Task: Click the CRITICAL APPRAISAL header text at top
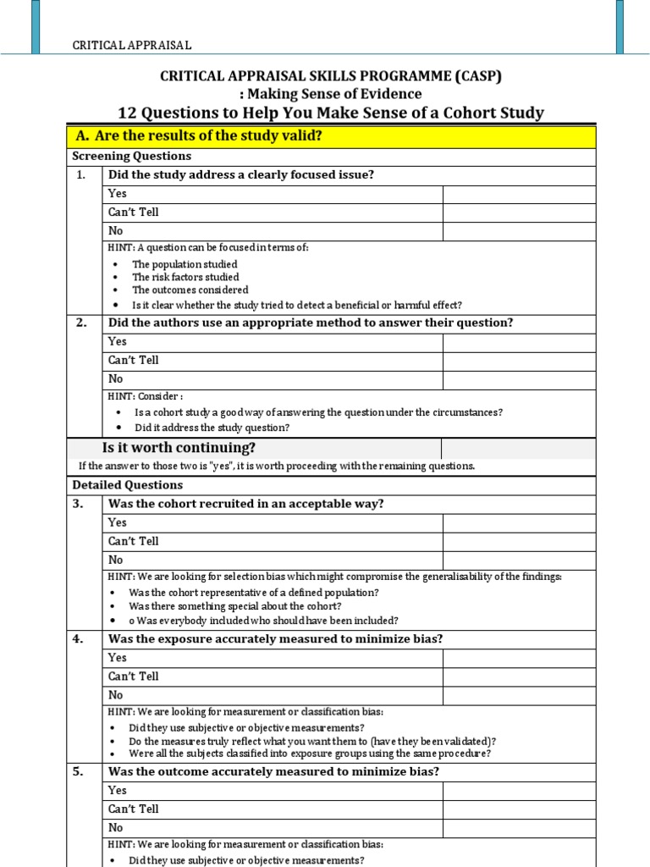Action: tap(131, 45)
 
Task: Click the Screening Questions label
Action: tap(132, 157)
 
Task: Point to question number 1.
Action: tap(81, 175)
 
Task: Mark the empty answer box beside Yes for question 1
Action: tap(519, 194)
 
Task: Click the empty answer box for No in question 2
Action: tap(519, 379)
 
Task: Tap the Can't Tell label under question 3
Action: tap(134, 541)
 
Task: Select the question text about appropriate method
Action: tap(311, 323)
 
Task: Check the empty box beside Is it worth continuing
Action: tap(519, 448)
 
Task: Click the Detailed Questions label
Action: tap(128, 485)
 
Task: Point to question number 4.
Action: tap(81, 639)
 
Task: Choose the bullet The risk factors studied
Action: tap(185, 277)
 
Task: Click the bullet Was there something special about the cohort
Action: tap(234, 606)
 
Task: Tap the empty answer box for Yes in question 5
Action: tap(519, 790)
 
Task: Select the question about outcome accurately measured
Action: tap(273, 771)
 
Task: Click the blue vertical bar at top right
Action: tap(620, 25)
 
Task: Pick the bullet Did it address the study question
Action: tap(212, 428)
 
